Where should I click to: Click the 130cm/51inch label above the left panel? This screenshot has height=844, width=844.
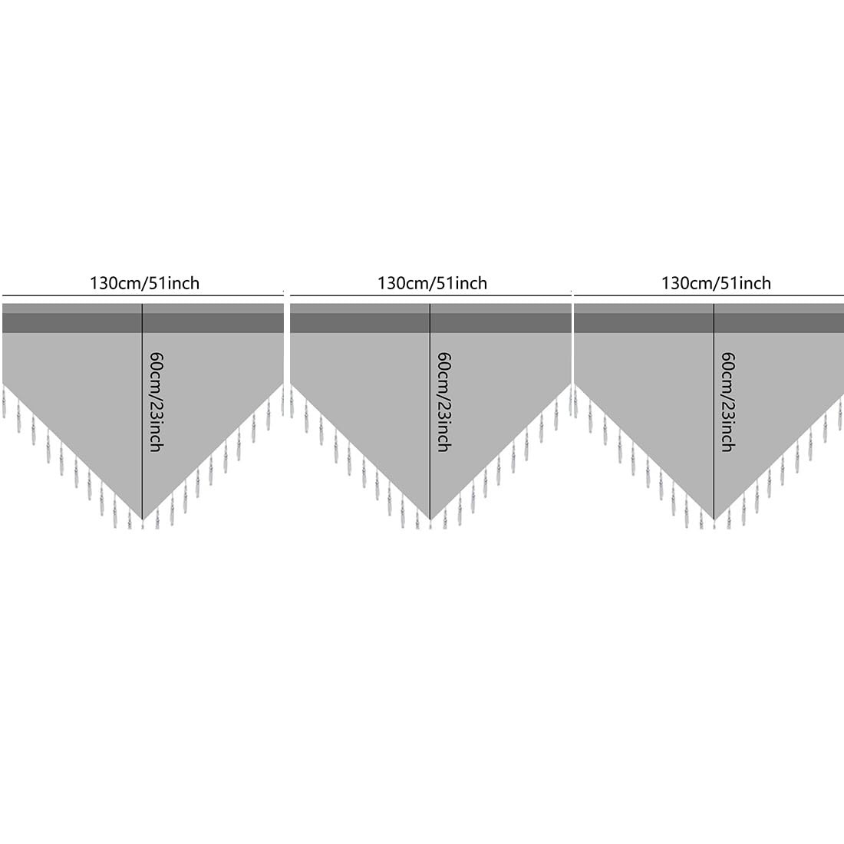[144, 283]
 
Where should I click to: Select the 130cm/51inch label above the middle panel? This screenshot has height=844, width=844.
[432, 283]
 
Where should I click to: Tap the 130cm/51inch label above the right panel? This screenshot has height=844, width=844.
[716, 283]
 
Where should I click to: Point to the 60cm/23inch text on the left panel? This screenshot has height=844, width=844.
[156, 401]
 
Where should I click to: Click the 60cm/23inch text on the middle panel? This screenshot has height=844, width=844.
[443, 401]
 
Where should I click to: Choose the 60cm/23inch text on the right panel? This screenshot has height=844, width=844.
[728, 401]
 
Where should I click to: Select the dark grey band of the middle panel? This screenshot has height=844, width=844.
[361, 323]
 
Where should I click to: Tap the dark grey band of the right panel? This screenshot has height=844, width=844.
[645, 323]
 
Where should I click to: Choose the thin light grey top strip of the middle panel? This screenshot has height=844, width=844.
[361, 308]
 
